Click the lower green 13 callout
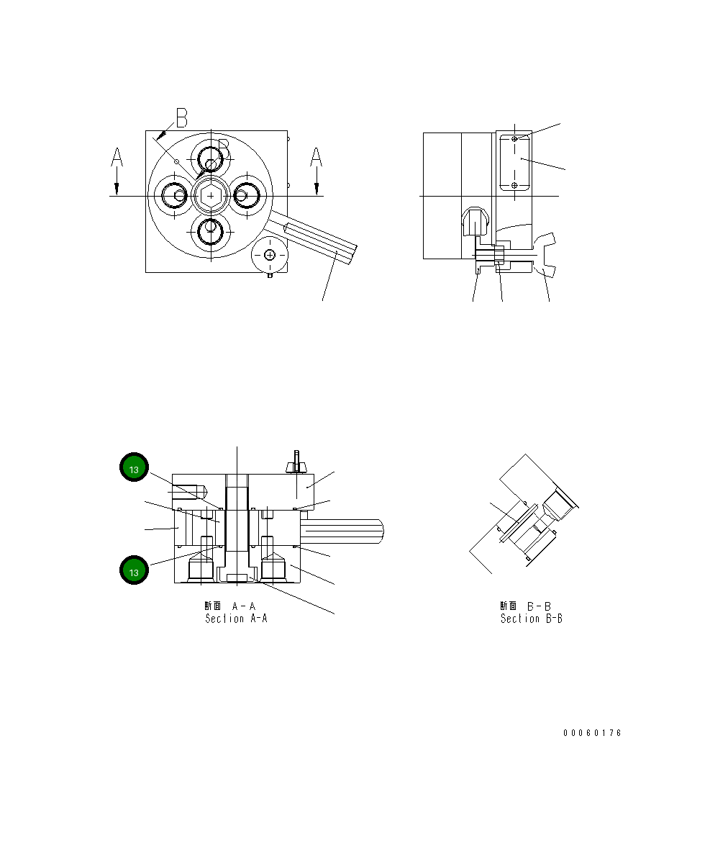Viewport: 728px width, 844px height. [x=134, y=571]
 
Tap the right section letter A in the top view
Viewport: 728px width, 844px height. [x=316, y=157]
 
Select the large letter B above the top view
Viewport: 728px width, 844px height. [x=181, y=118]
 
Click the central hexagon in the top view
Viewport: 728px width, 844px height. [x=210, y=195]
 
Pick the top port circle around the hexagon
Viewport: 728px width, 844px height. [x=211, y=156]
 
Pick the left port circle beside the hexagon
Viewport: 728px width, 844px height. [x=173, y=194]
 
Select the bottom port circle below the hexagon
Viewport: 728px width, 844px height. [x=210, y=232]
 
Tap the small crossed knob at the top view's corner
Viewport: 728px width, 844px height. [x=270, y=255]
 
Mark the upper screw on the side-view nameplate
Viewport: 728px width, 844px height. [x=514, y=139]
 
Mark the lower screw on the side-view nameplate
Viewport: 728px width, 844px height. [x=514, y=185]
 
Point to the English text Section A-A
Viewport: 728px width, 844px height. [x=236, y=619]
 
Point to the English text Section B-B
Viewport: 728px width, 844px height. [x=531, y=619]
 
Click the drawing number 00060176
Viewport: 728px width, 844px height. [x=592, y=733]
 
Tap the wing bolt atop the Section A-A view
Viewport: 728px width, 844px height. [x=295, y=462]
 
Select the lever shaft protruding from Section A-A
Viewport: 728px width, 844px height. [x=345, y=531]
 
